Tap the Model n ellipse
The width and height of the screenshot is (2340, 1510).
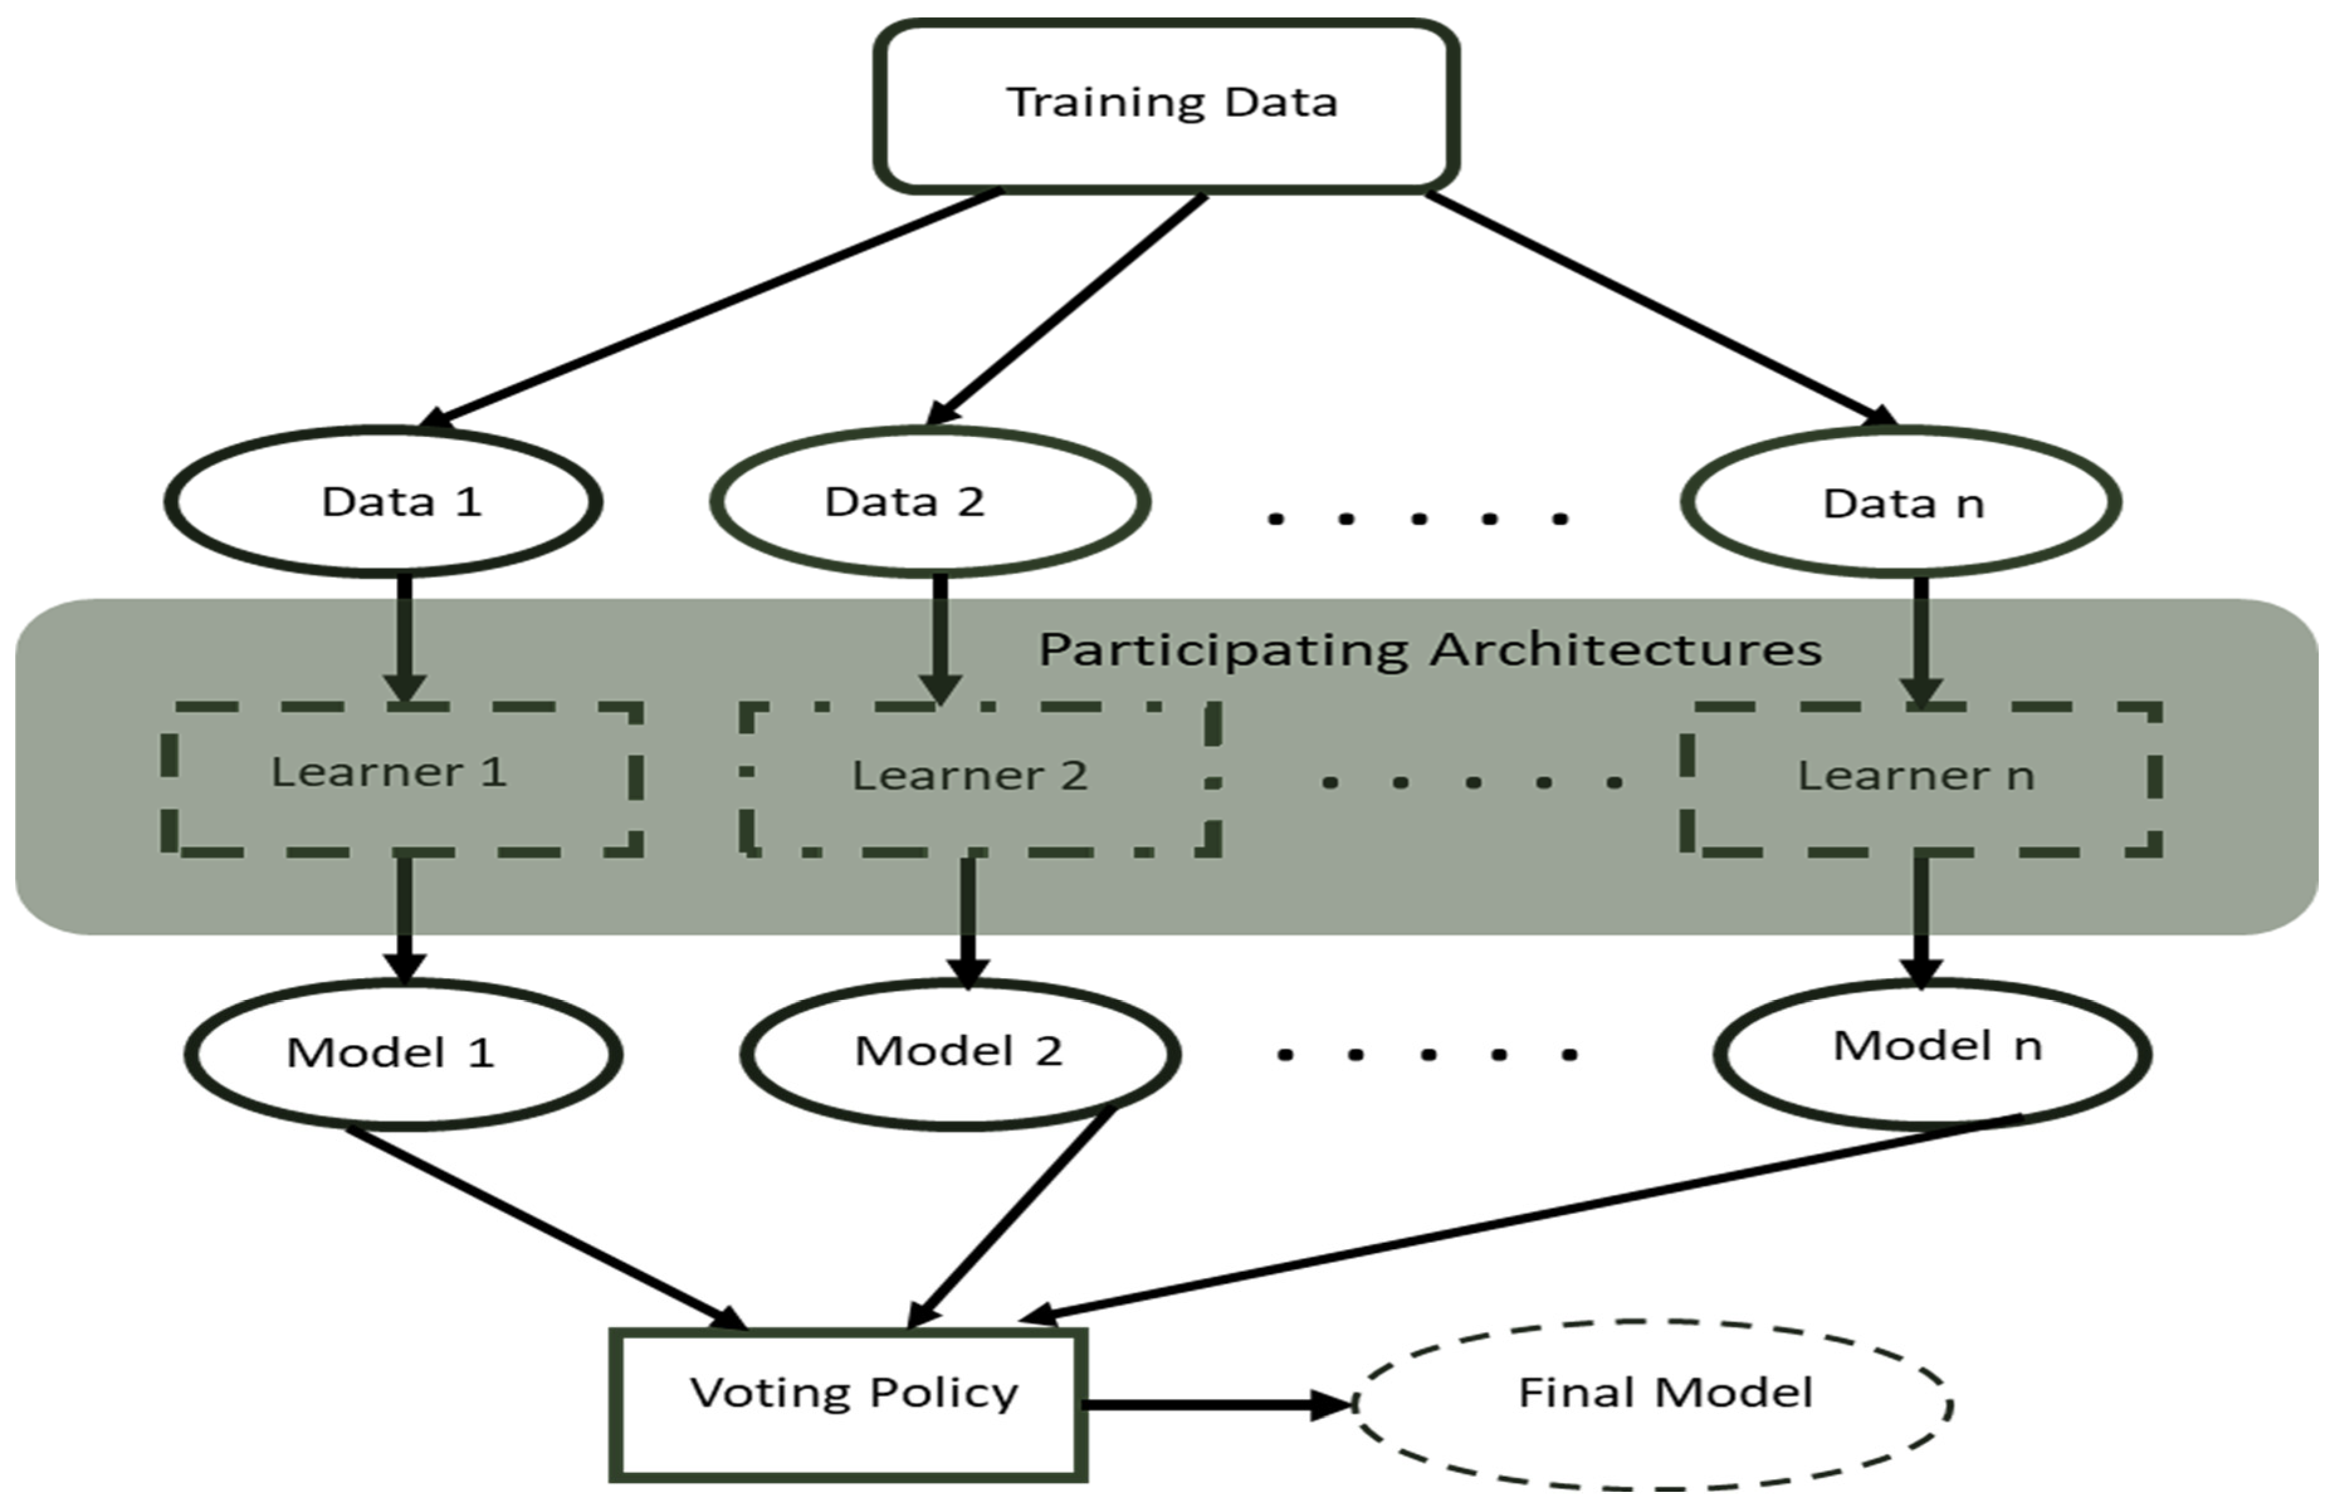coord(1931,1052)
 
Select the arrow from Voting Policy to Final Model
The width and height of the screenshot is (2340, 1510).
coord(1216,1404)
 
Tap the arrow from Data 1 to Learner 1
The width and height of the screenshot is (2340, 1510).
coord(404,637)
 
